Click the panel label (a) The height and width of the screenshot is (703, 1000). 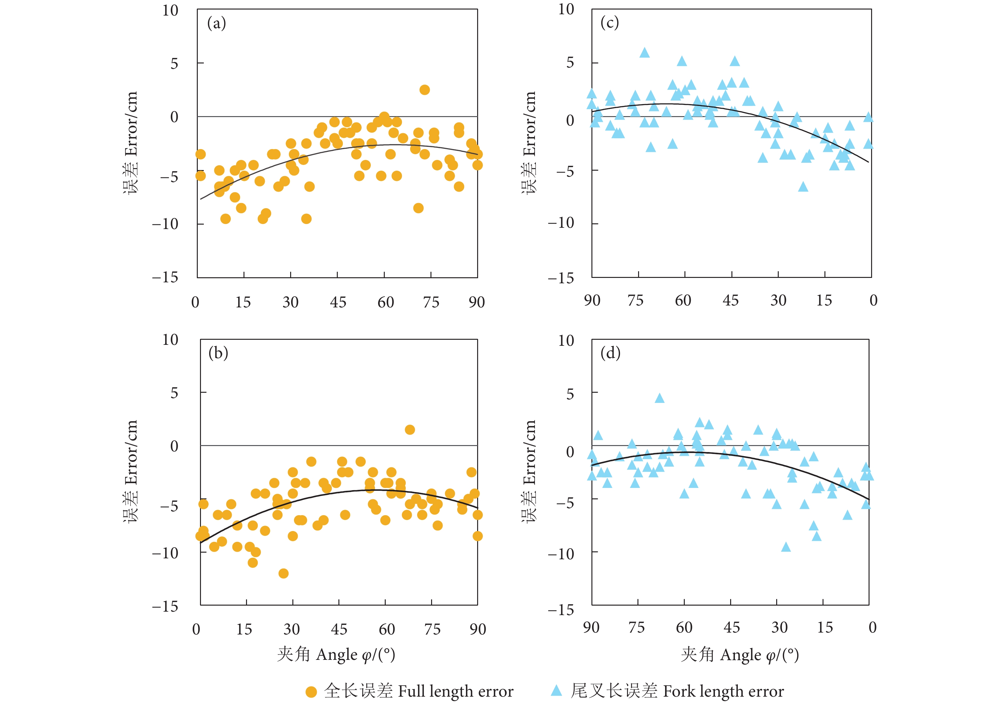[217, 23]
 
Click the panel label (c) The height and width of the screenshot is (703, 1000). [609, 22]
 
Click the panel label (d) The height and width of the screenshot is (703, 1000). [610, 352]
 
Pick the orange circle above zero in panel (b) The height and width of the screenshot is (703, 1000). [410, 430]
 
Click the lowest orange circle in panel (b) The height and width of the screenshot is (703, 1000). [283, 573]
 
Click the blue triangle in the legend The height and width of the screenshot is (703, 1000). [556, 690]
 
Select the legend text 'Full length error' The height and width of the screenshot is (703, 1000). [456, 691]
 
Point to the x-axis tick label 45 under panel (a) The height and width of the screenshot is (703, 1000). [338, 302]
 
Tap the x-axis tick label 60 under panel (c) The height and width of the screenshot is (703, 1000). [683, 300]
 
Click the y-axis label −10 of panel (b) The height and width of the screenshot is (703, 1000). [165, 553]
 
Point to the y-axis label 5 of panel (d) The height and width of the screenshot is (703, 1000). [570, 394]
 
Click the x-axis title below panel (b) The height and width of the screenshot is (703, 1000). [336, 654]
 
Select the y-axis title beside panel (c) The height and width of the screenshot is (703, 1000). [529, 142]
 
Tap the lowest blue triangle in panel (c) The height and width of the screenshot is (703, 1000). [803, 187]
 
